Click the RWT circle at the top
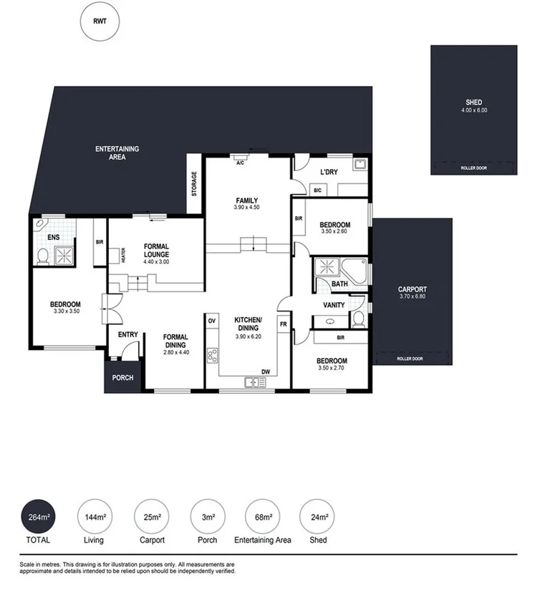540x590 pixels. point(99,21)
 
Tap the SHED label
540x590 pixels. point(473,102)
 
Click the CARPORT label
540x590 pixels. point(413,290)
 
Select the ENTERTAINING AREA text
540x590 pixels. point(117,153)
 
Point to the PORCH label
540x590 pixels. point(122,377)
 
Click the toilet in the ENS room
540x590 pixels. point(43,256)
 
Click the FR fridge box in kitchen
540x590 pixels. point(283,325)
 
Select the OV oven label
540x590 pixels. point(211,321)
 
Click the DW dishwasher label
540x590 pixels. point(265,372)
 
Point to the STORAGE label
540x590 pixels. point(193,184)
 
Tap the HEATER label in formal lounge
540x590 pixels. point(123,255)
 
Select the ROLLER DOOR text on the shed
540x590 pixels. point(473,168)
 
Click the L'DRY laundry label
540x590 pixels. point(329,173)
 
